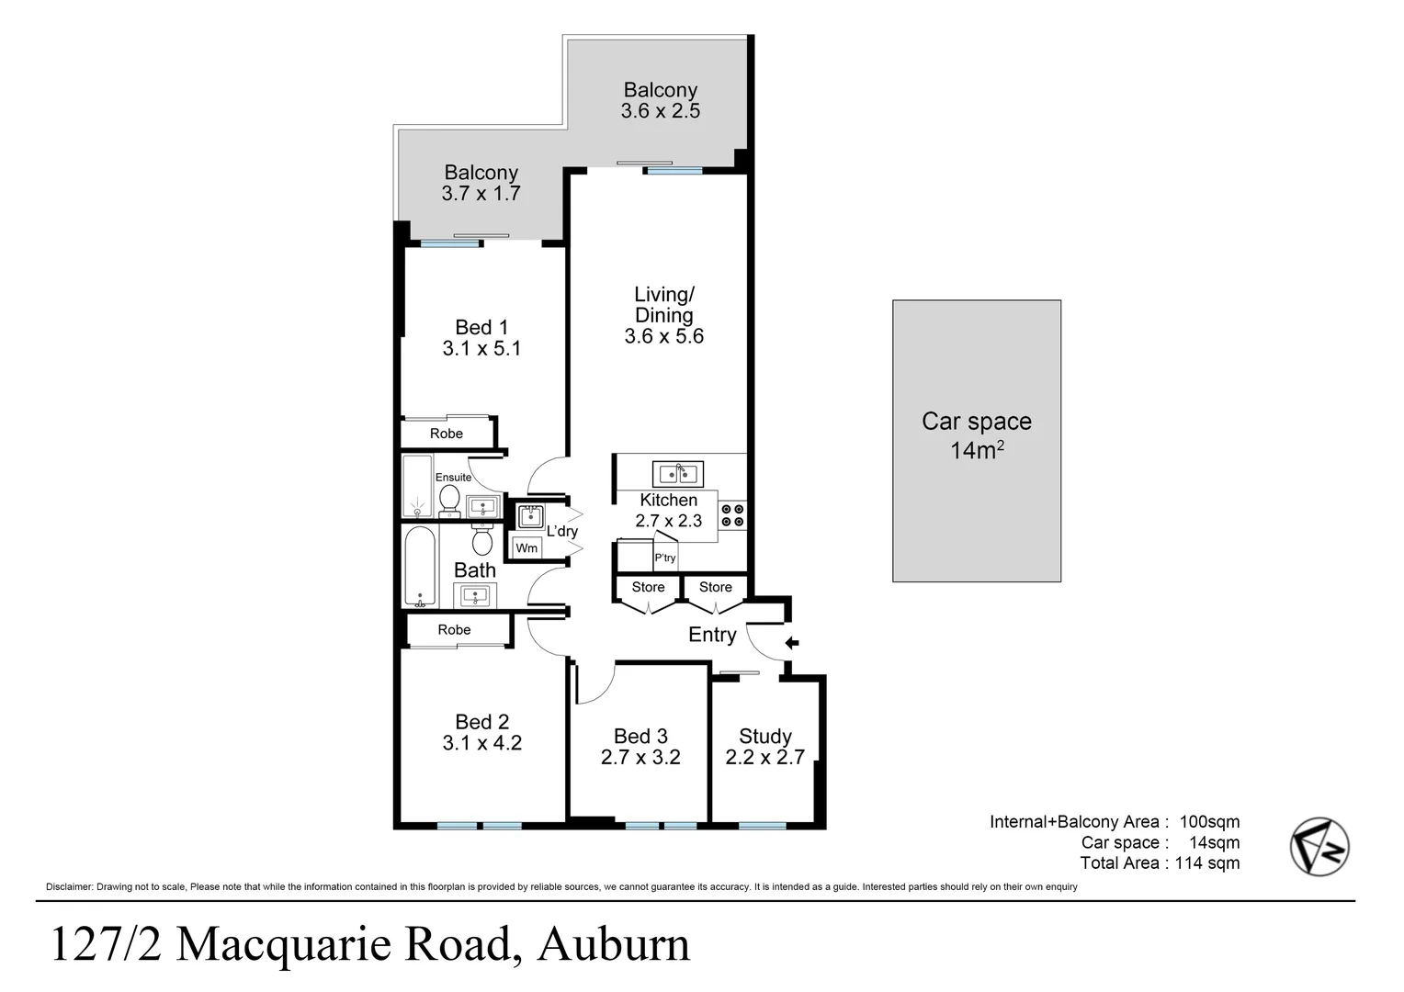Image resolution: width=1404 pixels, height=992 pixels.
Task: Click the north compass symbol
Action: click(1319, 846)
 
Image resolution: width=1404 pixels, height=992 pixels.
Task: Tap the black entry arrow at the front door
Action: click(791, 643)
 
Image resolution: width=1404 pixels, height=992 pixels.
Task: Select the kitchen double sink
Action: click(678, 475)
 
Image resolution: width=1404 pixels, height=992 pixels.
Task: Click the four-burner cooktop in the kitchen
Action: click(732, 515)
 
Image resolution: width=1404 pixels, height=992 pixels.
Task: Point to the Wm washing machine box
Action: click(526, 548)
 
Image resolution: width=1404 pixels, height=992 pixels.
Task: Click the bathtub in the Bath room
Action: click(421, 567)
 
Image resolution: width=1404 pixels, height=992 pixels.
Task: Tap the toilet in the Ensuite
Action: click(449, 499)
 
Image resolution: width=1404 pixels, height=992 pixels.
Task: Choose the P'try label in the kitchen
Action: click(665, 558)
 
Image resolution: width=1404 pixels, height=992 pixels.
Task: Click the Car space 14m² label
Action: click(976, 435)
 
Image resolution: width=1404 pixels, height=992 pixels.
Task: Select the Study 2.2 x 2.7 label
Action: click(764, 747)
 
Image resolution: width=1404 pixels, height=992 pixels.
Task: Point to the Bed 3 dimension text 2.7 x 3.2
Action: click(640, 758)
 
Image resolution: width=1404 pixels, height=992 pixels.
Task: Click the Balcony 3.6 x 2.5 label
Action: click(660, 100)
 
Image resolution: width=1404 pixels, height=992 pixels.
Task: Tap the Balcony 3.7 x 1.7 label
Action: click(481, 183)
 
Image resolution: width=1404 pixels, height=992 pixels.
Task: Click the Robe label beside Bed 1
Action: click(447, 434)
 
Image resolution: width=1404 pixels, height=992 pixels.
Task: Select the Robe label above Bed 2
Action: click(454, 630)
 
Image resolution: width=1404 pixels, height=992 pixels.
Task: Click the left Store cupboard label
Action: click(648, 587)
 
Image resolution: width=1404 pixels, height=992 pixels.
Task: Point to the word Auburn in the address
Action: click(613, 944)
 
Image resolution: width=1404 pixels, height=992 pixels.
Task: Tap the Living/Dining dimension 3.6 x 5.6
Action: click(663, 336)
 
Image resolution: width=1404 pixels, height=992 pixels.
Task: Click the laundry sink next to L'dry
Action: click(531, 516)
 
